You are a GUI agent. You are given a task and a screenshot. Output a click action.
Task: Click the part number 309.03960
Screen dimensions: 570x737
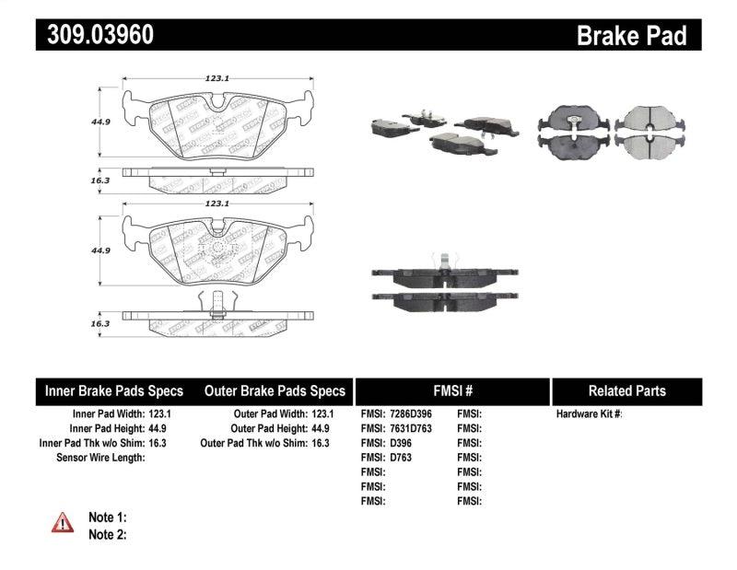coord(95,35)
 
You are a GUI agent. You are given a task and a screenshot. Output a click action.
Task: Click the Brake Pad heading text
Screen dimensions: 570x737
coord(631,35)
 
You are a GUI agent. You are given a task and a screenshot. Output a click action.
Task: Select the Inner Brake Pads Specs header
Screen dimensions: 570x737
coord(114,390)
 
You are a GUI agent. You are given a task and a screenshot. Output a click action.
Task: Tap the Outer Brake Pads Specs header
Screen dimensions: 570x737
coord(275,390)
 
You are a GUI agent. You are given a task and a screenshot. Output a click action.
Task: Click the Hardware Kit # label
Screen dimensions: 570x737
coord(589,414)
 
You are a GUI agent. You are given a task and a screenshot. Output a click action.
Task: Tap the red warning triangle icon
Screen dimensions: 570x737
coord(63,523)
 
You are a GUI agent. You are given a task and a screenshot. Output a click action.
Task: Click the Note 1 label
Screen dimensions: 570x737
coord(107,518)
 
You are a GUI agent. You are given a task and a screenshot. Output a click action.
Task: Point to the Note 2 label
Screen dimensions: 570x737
coord(107,533)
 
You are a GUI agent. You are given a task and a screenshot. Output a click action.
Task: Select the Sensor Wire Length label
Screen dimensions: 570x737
coord(100,458)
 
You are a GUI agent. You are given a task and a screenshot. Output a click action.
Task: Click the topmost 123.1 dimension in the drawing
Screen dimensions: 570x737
coord(216,78)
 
